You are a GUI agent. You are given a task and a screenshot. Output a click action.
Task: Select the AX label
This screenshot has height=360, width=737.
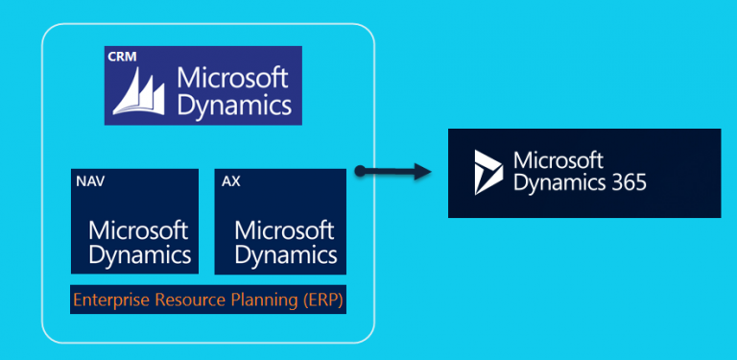point(231,180)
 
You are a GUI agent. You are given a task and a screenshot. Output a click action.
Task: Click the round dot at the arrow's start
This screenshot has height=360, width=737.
point(359,172)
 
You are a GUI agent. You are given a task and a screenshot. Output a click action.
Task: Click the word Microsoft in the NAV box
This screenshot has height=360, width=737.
point(138,231)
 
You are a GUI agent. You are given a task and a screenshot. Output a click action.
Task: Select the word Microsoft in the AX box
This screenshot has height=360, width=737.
point(285,231)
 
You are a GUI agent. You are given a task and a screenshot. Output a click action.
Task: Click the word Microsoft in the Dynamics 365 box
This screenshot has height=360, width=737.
point(558,160)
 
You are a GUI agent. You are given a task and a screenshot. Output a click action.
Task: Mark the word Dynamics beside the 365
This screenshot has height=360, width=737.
point(559,182)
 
